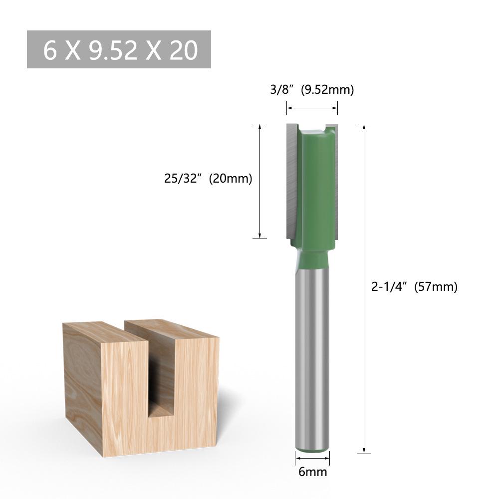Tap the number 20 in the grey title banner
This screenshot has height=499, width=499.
184,50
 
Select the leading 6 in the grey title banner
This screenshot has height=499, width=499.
49,50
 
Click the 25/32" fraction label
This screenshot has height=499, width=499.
182,178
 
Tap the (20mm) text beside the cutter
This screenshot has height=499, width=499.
231,178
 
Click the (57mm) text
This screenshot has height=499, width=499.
436,287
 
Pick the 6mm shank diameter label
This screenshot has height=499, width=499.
313,472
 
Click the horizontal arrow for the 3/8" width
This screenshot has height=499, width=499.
312,108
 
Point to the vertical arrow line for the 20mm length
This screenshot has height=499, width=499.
260,181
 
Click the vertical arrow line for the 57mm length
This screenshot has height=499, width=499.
365,288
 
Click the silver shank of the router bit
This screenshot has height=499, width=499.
312,359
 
